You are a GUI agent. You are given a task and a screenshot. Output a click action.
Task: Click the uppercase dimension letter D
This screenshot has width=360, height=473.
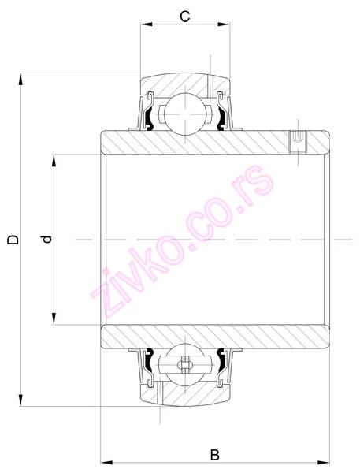[x=13, y=239]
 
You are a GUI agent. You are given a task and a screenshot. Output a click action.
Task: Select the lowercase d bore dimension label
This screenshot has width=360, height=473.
[x=46, y=239]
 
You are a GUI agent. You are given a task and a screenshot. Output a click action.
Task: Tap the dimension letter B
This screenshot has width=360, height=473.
[x=214, y=455]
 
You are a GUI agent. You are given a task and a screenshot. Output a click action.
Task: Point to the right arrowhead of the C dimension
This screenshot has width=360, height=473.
[x=228, y=26]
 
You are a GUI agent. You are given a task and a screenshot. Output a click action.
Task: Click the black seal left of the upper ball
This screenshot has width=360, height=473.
[x=143, y=117]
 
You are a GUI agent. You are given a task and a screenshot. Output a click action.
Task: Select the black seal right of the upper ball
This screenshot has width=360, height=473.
[x=225, y=117]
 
